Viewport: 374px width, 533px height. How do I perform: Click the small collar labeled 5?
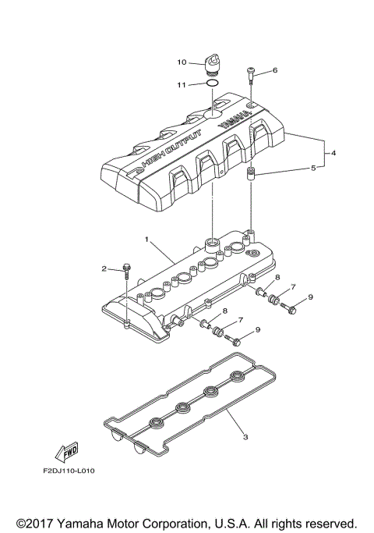click(252, 172)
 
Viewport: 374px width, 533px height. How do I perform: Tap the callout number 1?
click(146, 237)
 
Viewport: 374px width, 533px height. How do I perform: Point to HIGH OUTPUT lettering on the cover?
click(171, 147)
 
